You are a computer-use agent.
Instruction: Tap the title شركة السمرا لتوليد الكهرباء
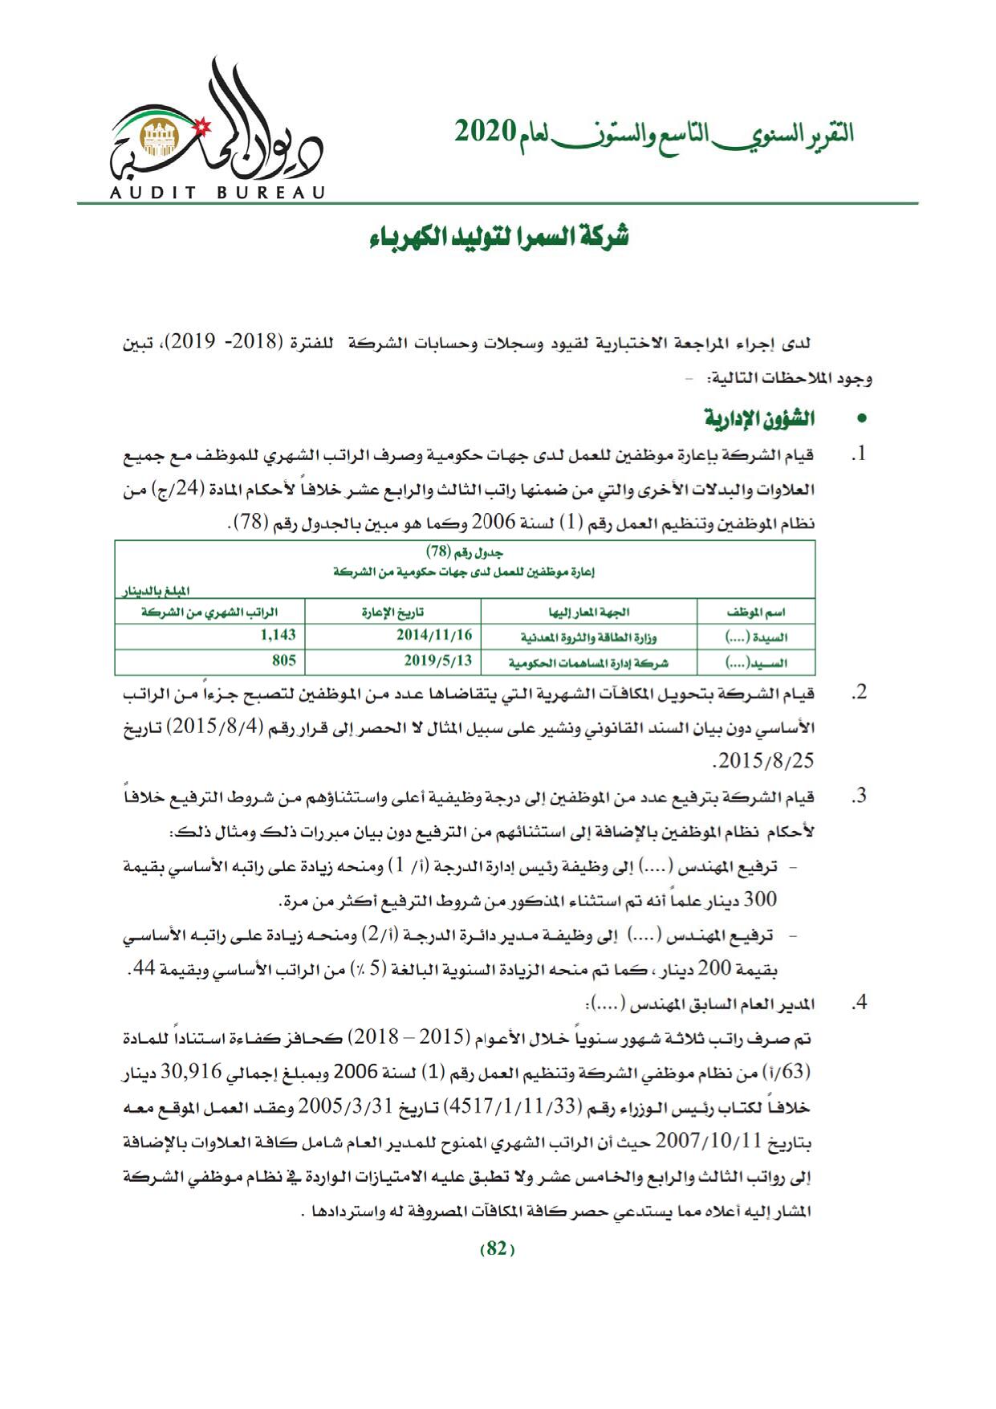pos(498,238)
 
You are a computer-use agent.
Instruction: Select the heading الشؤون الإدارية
pos(758,419)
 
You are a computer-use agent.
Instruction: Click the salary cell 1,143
pos(278,634)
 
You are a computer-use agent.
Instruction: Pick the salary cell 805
pos(284,661)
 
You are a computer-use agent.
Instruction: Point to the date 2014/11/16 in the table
pos(434,635)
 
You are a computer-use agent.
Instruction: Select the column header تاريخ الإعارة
pos(392,612)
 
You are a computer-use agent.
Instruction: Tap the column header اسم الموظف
pos(755,612)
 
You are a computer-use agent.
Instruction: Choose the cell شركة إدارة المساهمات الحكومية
pos(589,663)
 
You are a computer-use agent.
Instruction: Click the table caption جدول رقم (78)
pos(465,553)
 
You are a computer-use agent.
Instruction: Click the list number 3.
pos(860,796)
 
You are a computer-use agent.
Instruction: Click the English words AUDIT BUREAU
pos(217,193)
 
